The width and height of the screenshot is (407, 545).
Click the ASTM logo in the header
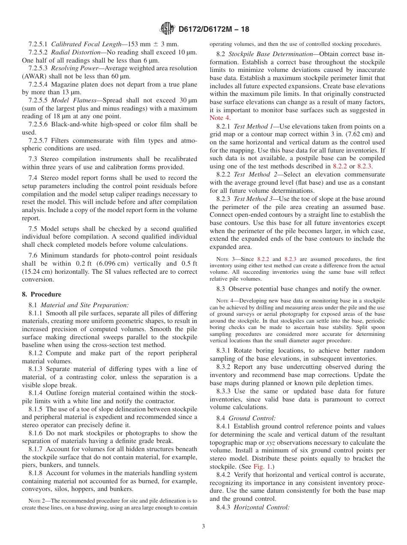tap(167, 29)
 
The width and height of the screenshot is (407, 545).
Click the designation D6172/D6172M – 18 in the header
tap(213, 29)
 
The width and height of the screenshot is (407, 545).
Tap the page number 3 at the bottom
tap(203, 527)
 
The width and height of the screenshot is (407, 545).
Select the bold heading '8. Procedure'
tap(42, 294)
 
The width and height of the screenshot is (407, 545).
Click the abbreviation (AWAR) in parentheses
tap(33, 76)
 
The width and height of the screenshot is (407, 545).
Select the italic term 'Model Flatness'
tap(69, 100)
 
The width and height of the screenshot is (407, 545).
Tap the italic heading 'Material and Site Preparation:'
tap(84, 305)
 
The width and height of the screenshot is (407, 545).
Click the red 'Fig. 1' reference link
tap(261, 467)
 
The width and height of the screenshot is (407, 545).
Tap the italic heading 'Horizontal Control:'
tap(262, 507)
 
